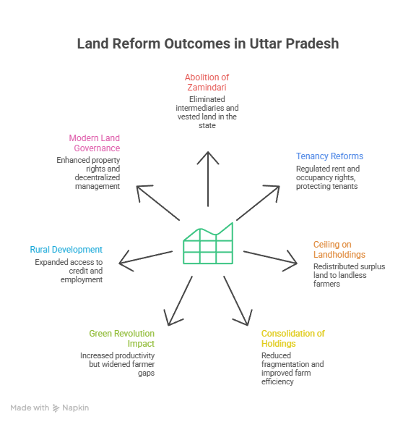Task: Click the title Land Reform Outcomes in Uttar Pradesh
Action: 208,44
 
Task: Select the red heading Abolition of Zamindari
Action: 208,82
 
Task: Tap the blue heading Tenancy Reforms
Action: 329,156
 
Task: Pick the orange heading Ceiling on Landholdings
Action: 339,249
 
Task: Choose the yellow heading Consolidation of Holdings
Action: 292,338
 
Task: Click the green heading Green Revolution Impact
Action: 121,338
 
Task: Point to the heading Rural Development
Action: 66,249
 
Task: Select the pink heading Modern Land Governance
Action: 95,143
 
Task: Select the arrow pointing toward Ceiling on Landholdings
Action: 270,258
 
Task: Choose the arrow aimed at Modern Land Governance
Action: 155,202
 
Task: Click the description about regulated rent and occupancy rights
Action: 328,177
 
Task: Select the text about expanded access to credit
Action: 69,270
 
